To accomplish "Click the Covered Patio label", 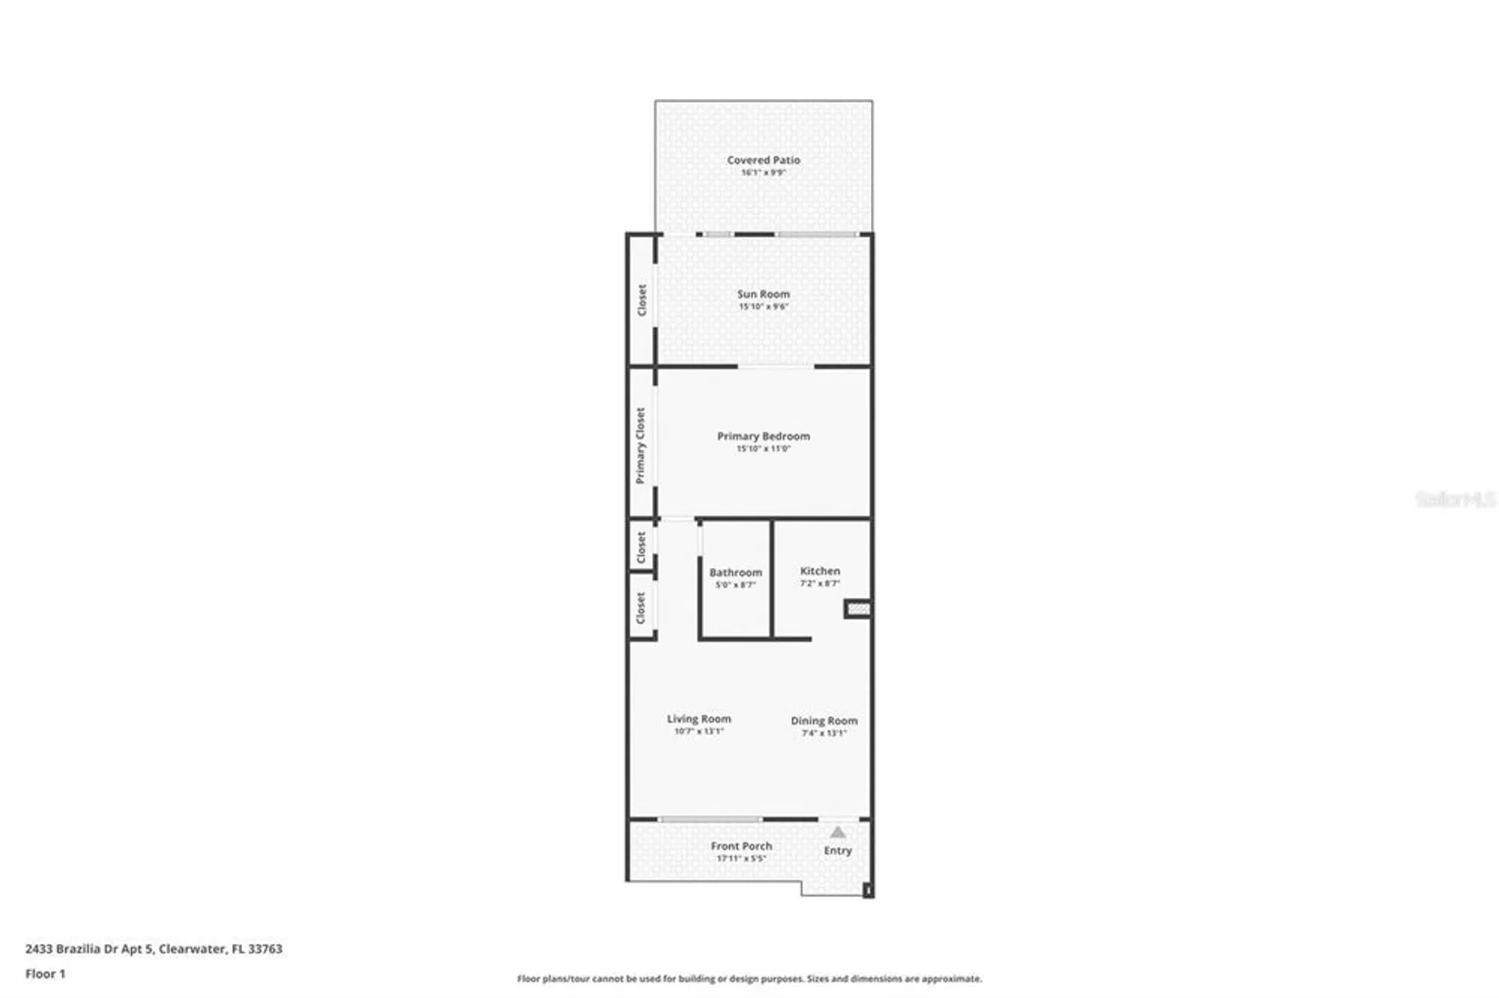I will (763, 160).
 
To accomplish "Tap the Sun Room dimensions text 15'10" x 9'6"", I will (763, 306).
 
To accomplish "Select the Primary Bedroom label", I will (763, 436).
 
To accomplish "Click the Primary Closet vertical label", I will (640, 446).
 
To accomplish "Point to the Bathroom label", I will (735, 572).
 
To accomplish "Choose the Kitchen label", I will (820, 571).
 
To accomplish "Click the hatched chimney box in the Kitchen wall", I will (858, 609).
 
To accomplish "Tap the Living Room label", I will (699, 719).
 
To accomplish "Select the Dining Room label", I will (824, 721).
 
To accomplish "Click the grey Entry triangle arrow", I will (838, 832).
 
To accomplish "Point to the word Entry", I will (838, 850).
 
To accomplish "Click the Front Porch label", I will (741, 846).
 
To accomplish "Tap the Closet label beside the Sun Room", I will (642, 300).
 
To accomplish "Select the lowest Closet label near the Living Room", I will (641, 608).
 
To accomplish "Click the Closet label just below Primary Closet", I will (641, 547).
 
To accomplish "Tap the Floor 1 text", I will (45, 974).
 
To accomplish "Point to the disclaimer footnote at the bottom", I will (749, 979).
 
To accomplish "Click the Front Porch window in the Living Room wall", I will (711, 820).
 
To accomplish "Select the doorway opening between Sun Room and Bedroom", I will (776, 366).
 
